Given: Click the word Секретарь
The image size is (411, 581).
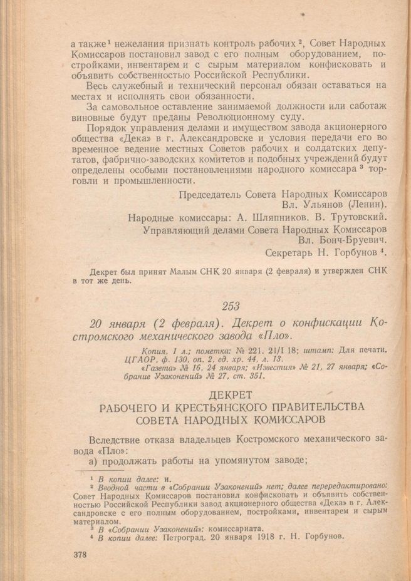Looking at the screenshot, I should click(292, 254).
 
